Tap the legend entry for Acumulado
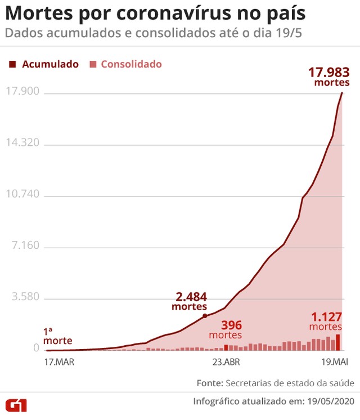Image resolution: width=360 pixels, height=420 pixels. point(44,64)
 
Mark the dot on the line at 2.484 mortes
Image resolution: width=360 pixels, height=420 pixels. point(205,316)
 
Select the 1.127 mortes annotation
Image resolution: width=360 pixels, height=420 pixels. point(326,321)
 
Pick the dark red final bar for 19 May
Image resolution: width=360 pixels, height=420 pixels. point(338,342)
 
